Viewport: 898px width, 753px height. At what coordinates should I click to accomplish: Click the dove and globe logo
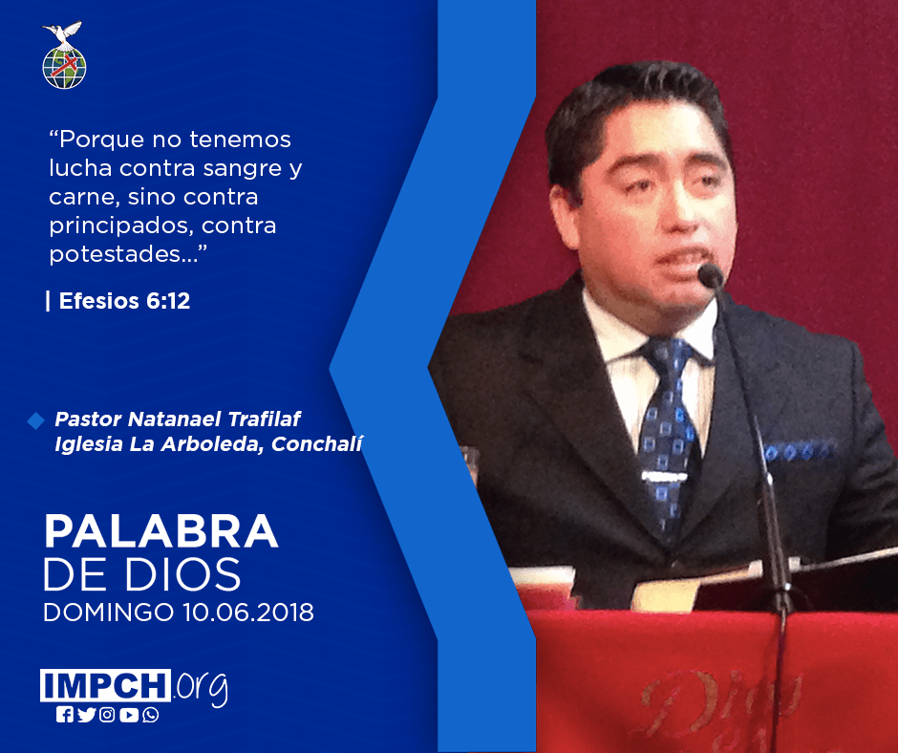[64, 55]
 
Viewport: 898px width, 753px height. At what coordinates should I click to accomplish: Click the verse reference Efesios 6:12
[124, 301]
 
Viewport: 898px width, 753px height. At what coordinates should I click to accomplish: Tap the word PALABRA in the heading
[160, 532]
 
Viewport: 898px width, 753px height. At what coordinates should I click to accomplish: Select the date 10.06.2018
[248, 612]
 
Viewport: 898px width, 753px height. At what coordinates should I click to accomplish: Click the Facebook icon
[65, 715]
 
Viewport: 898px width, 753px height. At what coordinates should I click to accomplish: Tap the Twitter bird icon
[87, 715]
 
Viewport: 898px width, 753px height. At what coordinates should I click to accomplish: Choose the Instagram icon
[107, 715]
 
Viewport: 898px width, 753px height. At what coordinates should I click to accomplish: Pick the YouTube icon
[129, 715]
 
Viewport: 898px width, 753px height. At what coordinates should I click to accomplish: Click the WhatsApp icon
[151, 715]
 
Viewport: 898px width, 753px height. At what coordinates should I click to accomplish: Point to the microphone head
[711, 275]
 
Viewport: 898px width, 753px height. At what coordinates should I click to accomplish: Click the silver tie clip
[664, 476]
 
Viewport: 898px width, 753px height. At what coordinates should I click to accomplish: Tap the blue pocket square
[800, 451]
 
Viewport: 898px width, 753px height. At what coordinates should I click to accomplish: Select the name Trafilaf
[264, 419]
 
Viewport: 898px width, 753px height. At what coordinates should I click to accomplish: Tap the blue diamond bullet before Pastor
[35, 420]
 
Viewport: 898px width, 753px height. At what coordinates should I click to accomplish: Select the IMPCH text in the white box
[105, 685]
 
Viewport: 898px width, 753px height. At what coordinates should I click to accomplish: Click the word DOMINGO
[109, 612]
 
